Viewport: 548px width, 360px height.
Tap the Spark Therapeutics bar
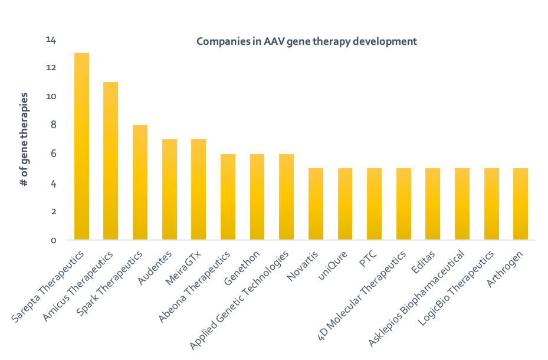[140, 182]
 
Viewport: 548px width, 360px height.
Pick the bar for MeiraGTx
[199, 189]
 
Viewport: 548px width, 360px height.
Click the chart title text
[306, 42]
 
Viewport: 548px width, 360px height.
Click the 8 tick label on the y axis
[52, 125]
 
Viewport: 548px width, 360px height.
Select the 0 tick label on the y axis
[52, 240]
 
